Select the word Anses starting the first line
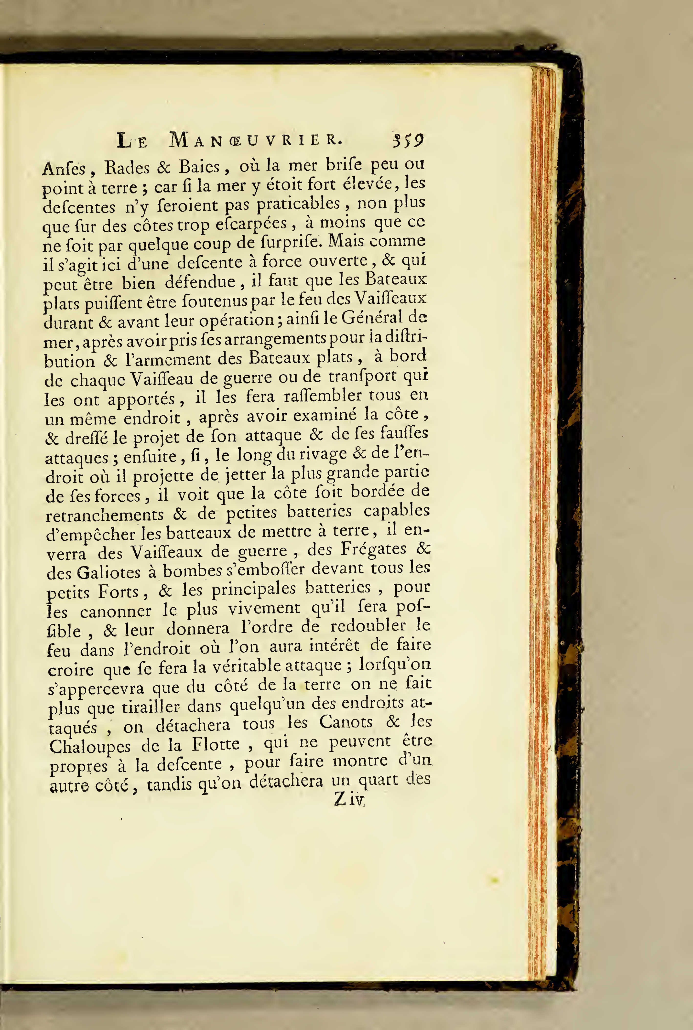(64, 168)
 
